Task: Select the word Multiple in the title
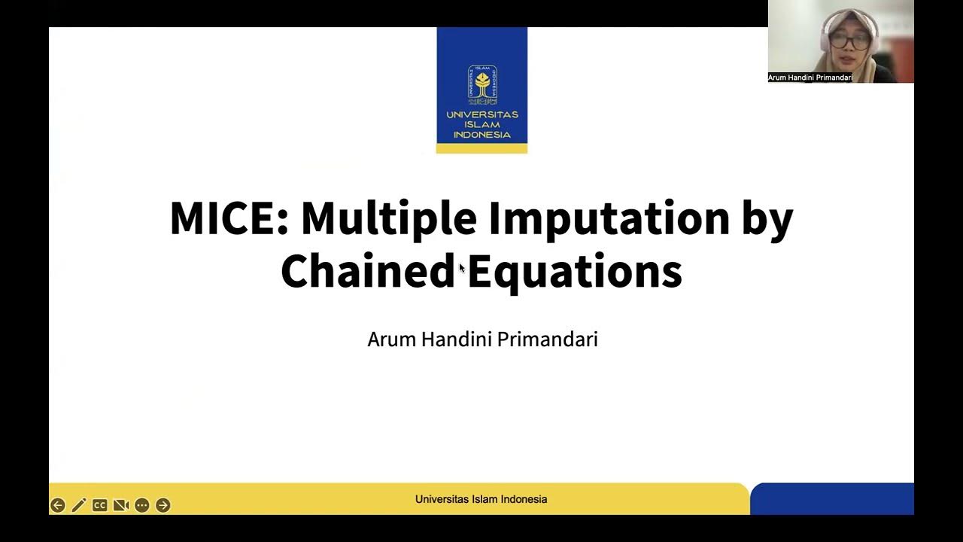point(388,218)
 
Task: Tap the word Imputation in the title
point(609,218)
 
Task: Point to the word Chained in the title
point(368,271)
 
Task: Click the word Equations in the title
point(575,271)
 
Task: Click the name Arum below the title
point(391,340)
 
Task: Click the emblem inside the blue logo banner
point(481,84)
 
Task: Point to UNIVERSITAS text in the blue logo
point(481,115)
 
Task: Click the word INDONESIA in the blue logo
point(481,135)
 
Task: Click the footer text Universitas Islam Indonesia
point(481,499)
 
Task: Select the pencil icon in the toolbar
point(79,505)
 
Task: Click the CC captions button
point(99,505)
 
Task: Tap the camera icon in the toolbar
point(120,505)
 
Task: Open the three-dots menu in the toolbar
point(141,505)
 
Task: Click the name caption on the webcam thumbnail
point(810,78)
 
